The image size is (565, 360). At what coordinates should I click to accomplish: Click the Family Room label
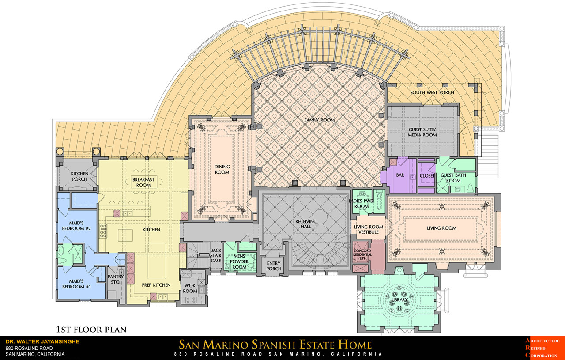[319, 120]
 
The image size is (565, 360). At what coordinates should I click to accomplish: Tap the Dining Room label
[222, 169]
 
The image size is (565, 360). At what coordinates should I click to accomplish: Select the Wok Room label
[190, 288]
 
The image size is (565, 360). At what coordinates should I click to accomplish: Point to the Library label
[399, 299]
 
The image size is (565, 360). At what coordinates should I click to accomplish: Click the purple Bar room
[400, 175]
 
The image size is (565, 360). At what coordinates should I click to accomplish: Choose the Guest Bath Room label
[453, 178]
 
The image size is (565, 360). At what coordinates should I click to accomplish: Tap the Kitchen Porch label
[79, 176]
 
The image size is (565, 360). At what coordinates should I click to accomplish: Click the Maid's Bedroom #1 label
[76, 284]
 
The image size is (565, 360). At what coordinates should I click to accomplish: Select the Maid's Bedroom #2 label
[76, 226]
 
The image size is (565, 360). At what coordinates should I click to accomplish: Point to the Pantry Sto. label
[116, 279]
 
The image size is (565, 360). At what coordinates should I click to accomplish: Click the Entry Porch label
[274, 266]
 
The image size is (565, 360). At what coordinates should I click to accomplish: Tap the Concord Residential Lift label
[362, 254]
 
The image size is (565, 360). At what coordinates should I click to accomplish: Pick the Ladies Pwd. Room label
[362, 204]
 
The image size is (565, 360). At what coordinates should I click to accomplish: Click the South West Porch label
[432, 92]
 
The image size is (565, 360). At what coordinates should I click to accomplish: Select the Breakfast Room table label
[143, 182]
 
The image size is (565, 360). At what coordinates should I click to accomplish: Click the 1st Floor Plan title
[91, 330]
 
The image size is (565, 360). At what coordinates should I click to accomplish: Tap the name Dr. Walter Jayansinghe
[42, 341]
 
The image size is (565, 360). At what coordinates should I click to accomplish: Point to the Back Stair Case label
[216, 255]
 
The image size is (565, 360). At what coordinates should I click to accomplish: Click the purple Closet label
[427, 176]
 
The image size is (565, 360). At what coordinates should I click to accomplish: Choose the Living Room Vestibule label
[369, 230]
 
